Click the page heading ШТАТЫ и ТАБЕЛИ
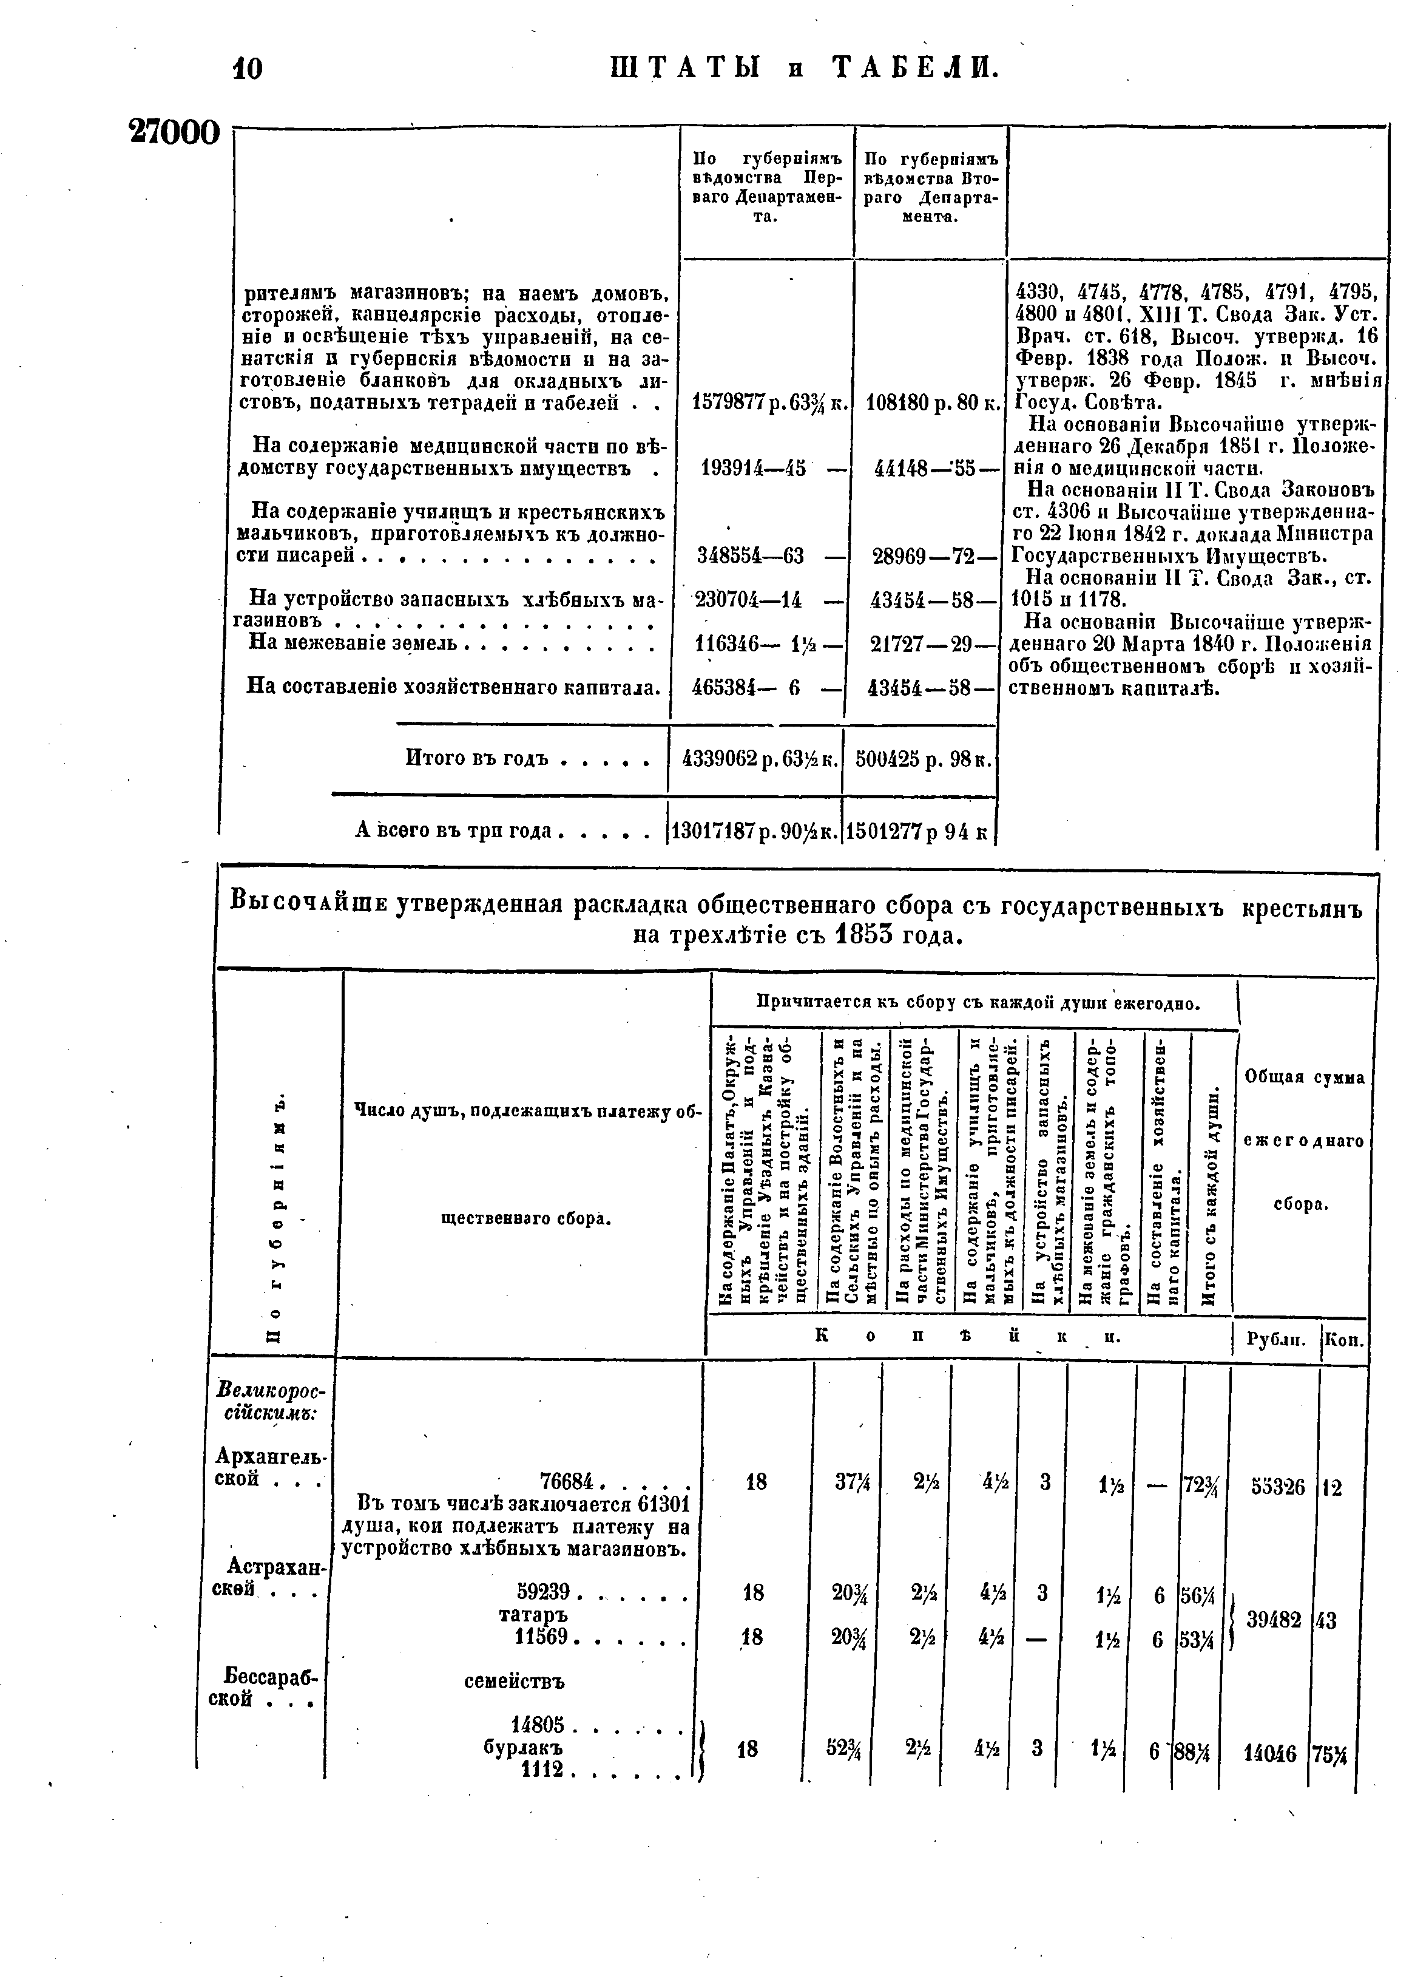tap(804, 67)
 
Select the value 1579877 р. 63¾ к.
tap(769, 402)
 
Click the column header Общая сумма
tap(1304, 1077)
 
